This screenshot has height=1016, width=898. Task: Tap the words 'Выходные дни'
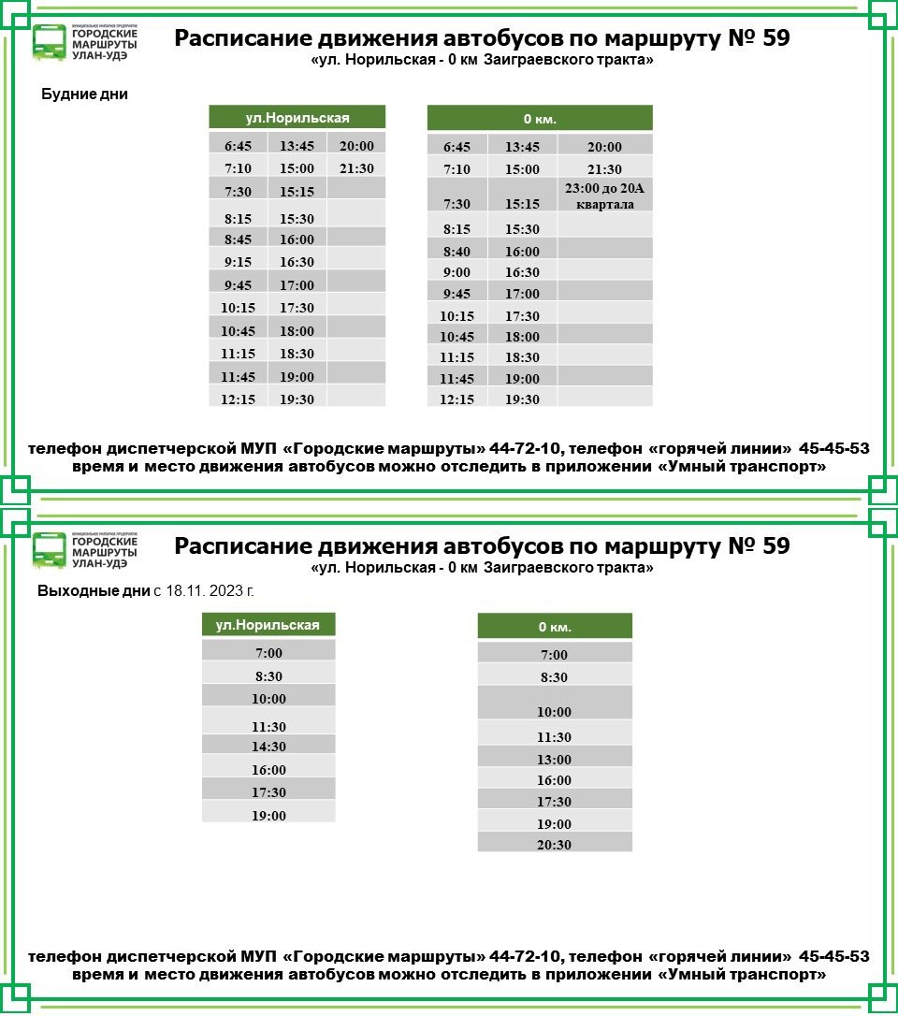point(94,591)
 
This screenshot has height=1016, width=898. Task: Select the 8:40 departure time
point(456,252)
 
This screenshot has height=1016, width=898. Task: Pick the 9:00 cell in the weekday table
point(456,272)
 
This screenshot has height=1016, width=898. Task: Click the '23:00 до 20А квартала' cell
point(604,196)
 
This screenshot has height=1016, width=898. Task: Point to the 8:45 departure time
point(238,239)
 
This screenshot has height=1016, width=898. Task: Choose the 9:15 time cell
point(238,263)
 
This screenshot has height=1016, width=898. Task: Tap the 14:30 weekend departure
point(268,747)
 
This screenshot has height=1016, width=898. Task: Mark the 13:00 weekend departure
point(554,760)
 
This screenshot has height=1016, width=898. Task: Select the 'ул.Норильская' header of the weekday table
point(297,118)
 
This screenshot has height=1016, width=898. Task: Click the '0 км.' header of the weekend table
point(555,627)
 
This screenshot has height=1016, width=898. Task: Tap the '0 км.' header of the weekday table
point(540,119)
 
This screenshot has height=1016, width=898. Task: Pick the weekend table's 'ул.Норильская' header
point(268,625)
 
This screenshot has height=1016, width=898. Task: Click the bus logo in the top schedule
point(50,42)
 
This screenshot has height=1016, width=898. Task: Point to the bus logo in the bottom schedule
point(50,549)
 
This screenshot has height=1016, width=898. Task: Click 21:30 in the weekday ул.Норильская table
point(356,169)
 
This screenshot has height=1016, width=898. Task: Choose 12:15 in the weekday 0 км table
point(456,399)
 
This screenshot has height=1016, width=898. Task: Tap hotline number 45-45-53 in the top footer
point(834,449)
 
